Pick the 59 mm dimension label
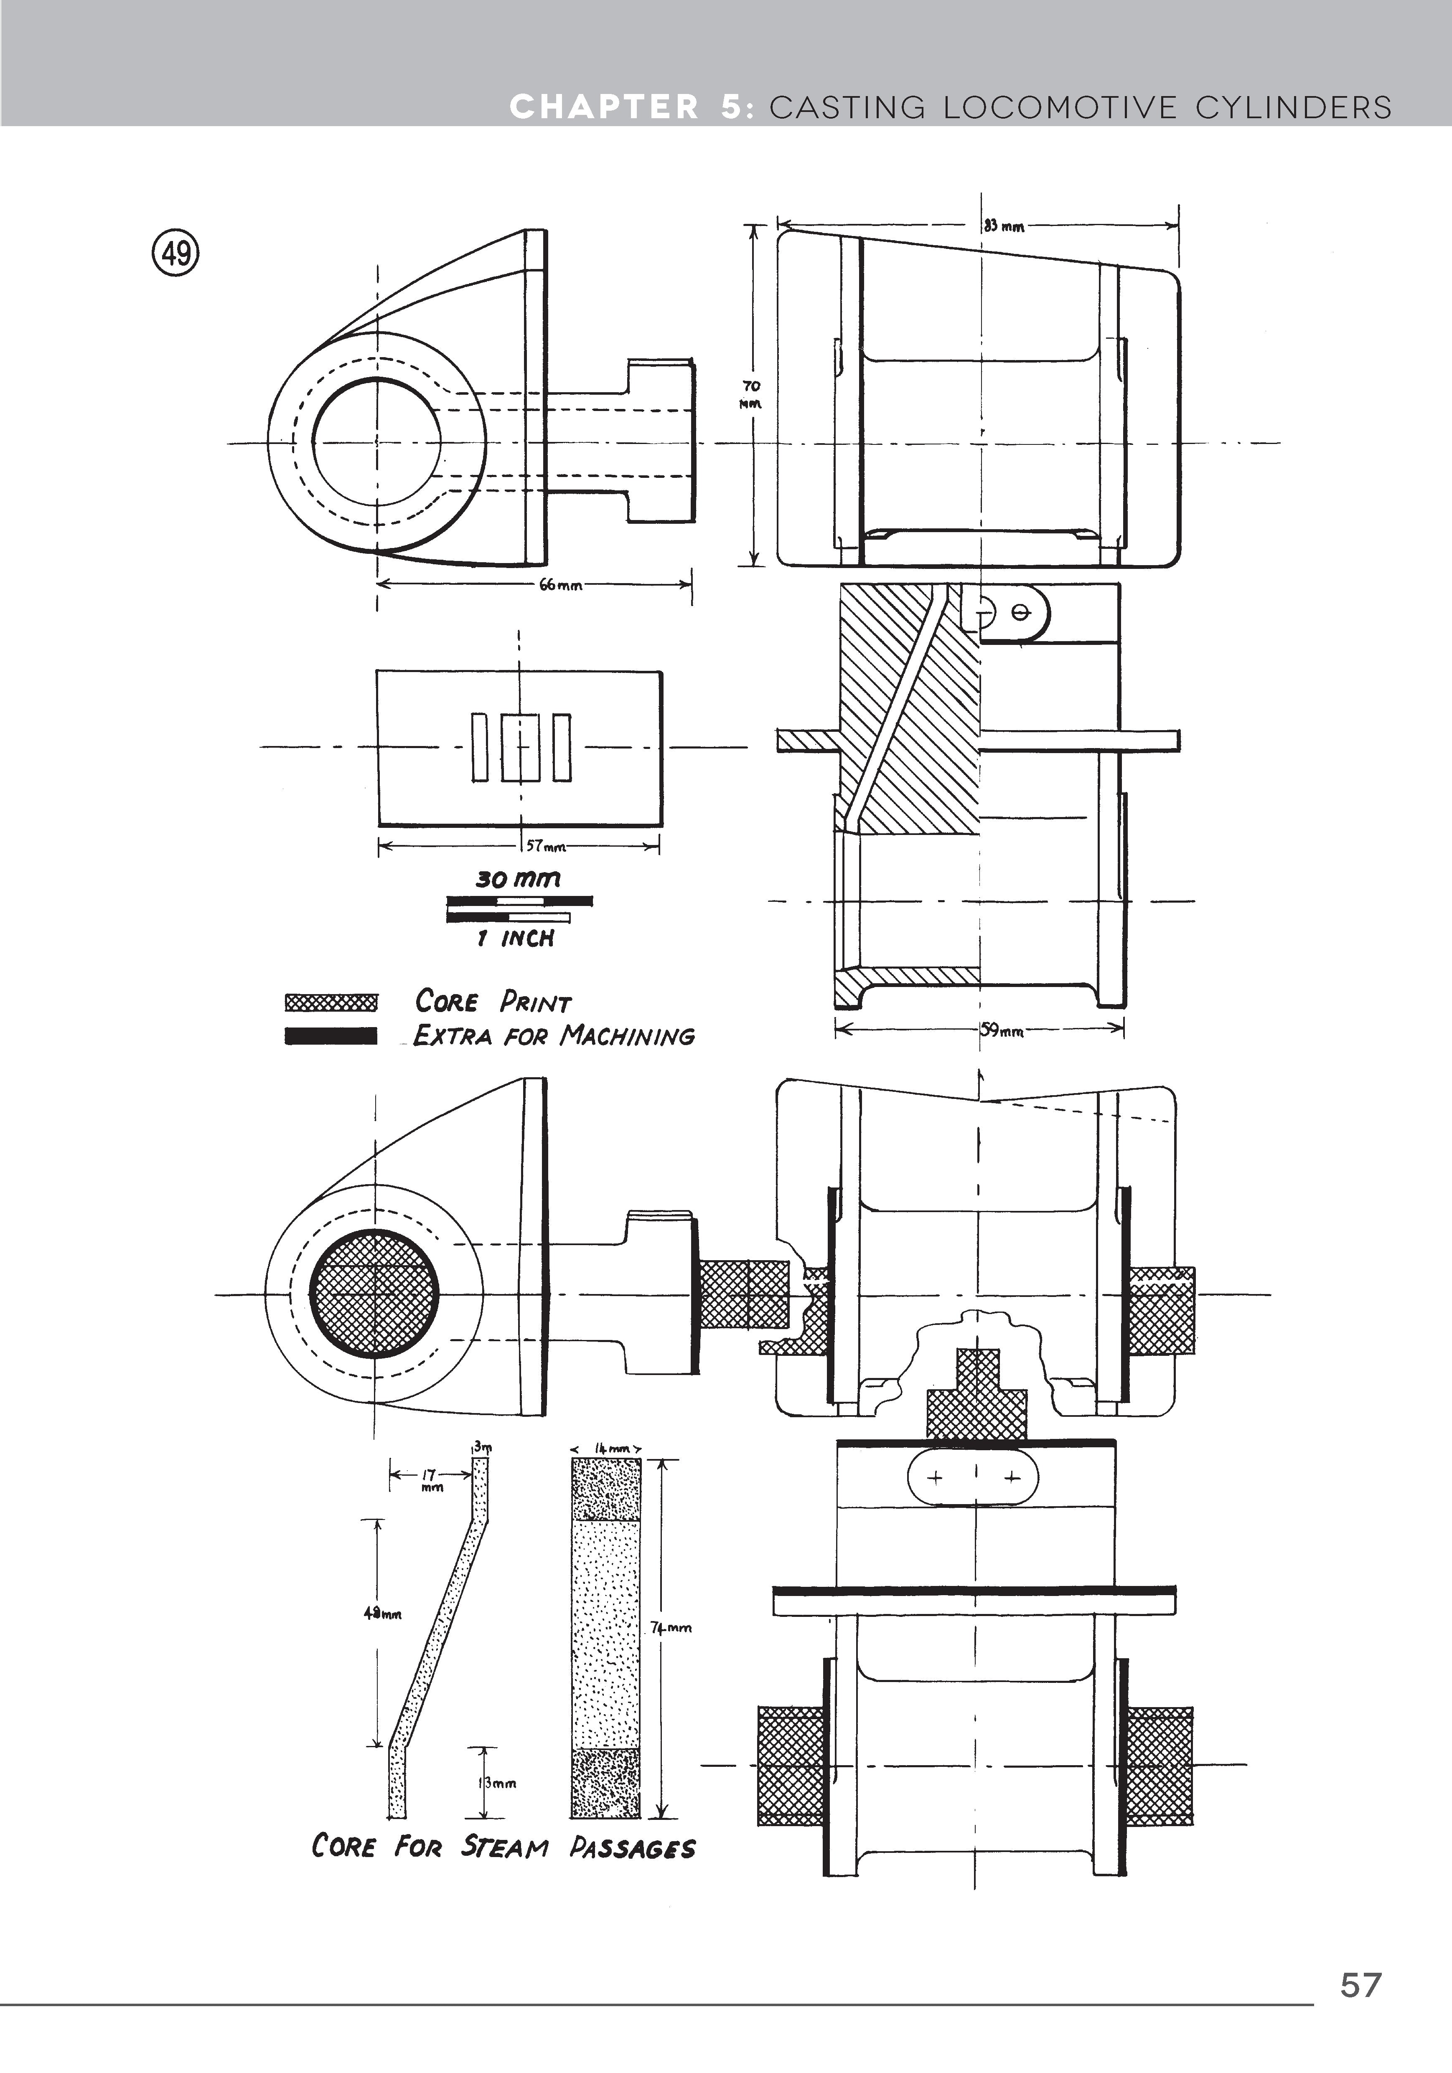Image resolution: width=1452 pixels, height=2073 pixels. coord(1002,1029)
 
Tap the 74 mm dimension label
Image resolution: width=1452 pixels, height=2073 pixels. coord(671,1627)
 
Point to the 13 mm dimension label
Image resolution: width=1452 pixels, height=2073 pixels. coord(497,1782)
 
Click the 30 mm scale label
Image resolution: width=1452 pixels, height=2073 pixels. coord(518,878)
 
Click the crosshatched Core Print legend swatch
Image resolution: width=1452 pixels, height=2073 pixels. coord(331,1002)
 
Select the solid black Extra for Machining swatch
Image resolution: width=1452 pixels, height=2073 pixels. coord(331,1035)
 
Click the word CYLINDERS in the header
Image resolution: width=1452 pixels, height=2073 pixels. coord(1293,107)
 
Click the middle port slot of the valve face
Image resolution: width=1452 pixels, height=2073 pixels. coord(520,748)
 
